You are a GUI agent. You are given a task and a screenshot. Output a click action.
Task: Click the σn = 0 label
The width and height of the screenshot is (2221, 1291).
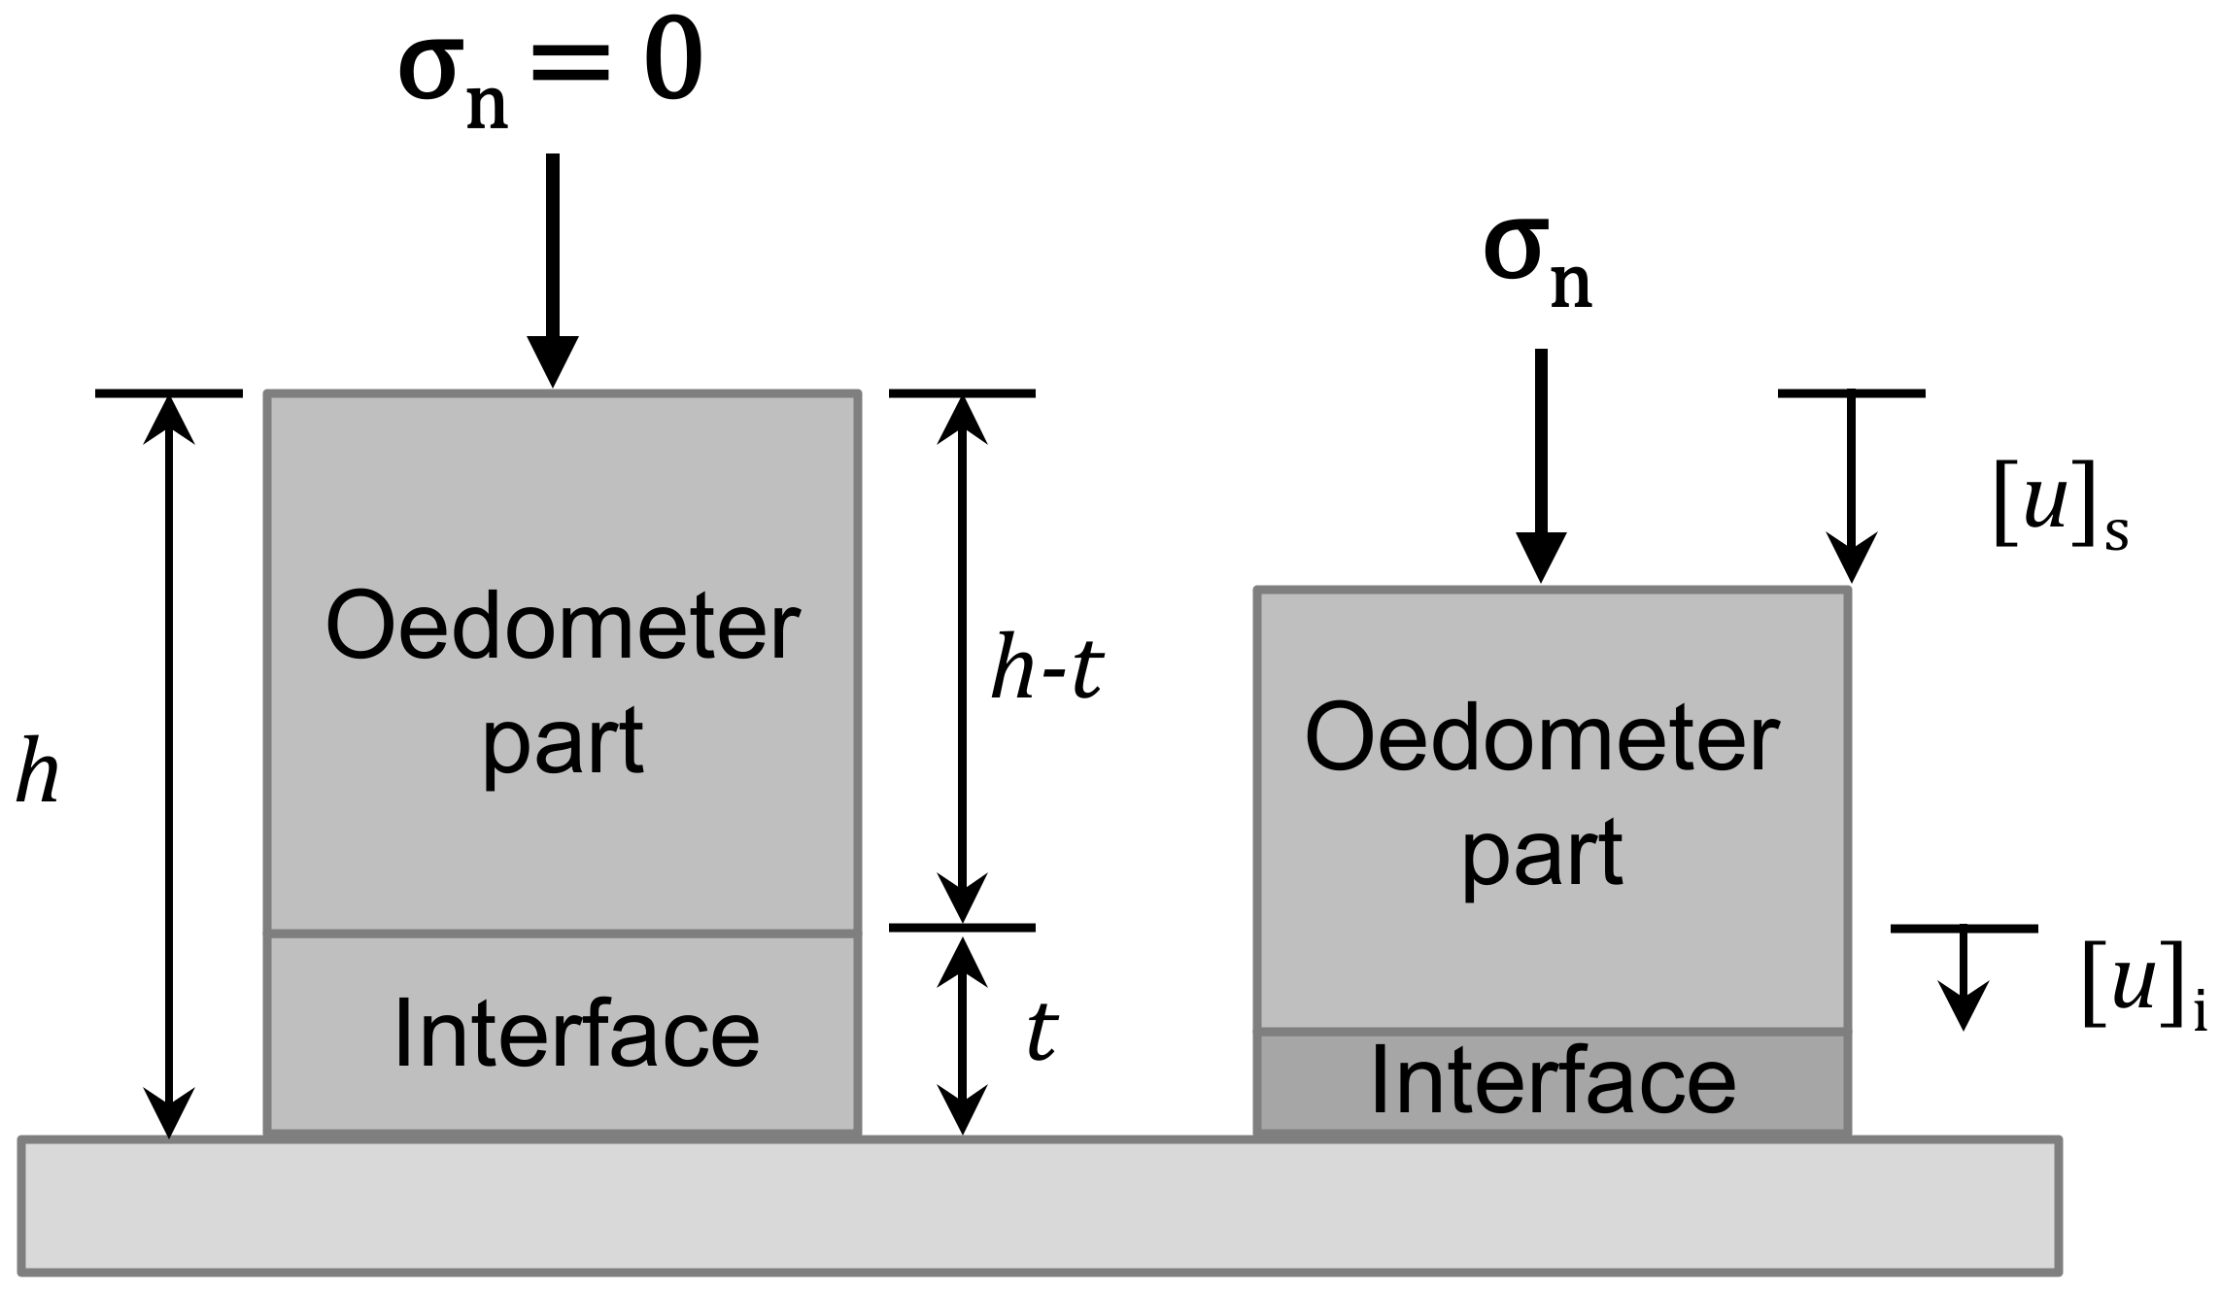[x=550, y=73]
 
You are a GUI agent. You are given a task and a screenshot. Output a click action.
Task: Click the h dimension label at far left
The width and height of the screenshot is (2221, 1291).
[x=38, y=773]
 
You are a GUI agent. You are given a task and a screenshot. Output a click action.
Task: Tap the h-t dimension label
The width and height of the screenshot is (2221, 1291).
[x=1046, y=670]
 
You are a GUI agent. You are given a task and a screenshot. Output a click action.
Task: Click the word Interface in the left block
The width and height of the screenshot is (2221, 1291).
[x=576, y=1035]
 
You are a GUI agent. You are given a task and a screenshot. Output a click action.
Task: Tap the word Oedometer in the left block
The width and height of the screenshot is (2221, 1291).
[x=563, y=628]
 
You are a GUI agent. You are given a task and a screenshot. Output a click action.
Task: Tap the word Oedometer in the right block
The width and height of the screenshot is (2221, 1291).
[x=1542, y=740]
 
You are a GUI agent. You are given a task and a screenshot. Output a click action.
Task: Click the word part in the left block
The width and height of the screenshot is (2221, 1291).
[x=563, y=743]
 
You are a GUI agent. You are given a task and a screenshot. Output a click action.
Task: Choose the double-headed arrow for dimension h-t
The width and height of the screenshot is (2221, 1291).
[x=962, y=661]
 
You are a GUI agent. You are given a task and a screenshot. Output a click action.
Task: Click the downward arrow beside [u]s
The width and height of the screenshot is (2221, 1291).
[x=1851, y=486]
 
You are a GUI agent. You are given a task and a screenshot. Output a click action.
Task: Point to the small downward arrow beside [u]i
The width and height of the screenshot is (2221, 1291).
[x=1964, y=976]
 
